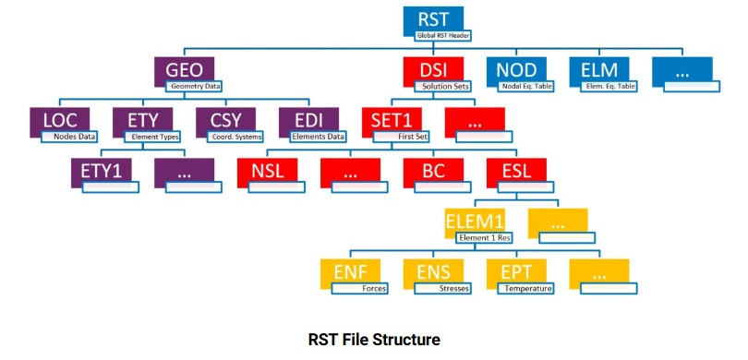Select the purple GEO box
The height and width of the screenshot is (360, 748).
tap(184, 69)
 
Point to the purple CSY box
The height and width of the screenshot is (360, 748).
tap(225, 120)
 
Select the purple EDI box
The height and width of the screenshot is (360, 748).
tap(308, 120)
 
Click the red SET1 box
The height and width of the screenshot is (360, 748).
tap(392, 120)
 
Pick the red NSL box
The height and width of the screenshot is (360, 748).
tap(267, 170)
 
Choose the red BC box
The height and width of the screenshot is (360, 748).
tap(433, 170)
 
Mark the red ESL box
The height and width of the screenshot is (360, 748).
tap(516, 170)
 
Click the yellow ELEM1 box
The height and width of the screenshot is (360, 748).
tap(475, 222)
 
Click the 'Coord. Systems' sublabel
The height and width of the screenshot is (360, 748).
tap(235, 137)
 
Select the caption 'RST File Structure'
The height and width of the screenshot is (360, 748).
tap(374, 339)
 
